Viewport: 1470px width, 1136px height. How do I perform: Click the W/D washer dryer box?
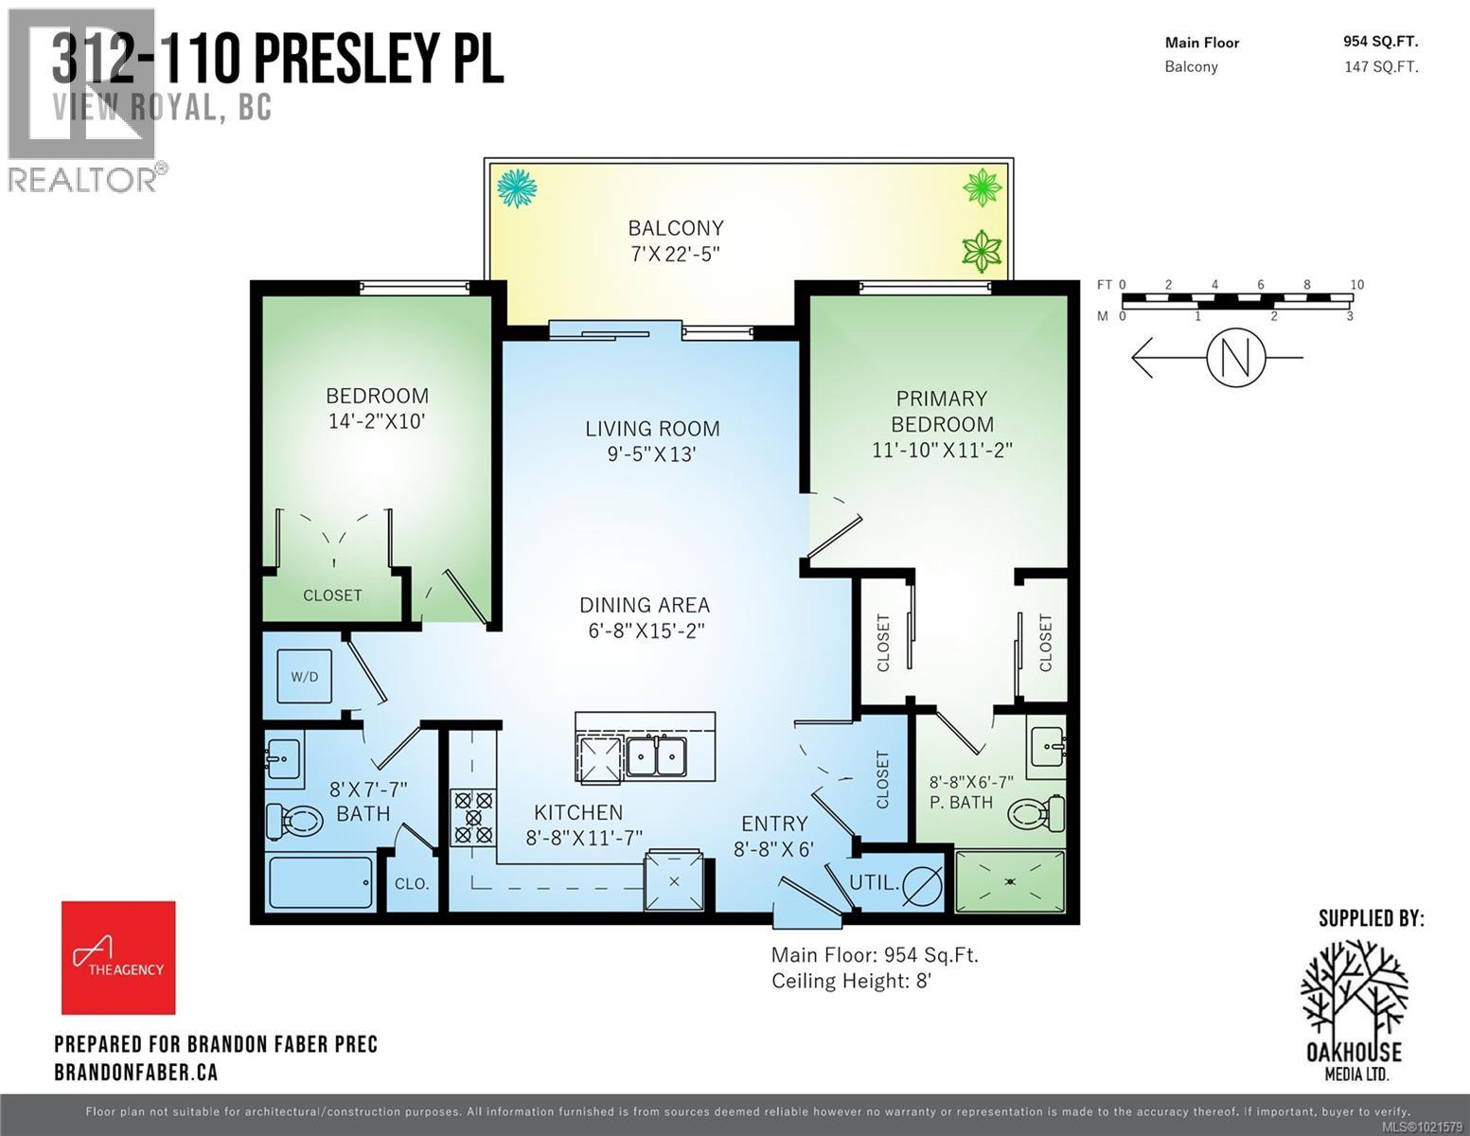coord(304,676)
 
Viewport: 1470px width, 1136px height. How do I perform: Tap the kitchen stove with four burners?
coord(473,817)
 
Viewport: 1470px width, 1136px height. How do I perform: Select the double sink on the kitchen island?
coord(657,757)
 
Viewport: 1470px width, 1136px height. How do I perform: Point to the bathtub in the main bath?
coord(321,882)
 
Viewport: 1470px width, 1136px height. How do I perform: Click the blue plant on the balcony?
coord(518,186)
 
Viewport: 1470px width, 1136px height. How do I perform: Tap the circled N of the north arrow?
coord(1235,358)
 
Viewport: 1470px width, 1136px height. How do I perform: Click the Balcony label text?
coord(676,228)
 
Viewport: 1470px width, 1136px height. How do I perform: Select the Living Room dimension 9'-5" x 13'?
coord(651,454)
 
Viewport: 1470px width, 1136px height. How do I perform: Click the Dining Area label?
coord(645,605)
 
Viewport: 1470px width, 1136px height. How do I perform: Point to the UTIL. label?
coord(873,882)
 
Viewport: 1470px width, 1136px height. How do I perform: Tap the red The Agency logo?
coord(118,957)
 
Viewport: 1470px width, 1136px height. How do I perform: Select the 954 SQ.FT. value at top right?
coord(1380,42)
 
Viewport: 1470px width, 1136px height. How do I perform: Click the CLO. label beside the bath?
coord(412,884)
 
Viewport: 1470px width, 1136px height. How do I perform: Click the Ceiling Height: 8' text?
coord(852,981)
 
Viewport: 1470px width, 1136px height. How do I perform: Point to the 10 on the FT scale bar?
coord(1356,285)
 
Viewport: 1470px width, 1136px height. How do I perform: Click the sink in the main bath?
coord(283,758)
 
